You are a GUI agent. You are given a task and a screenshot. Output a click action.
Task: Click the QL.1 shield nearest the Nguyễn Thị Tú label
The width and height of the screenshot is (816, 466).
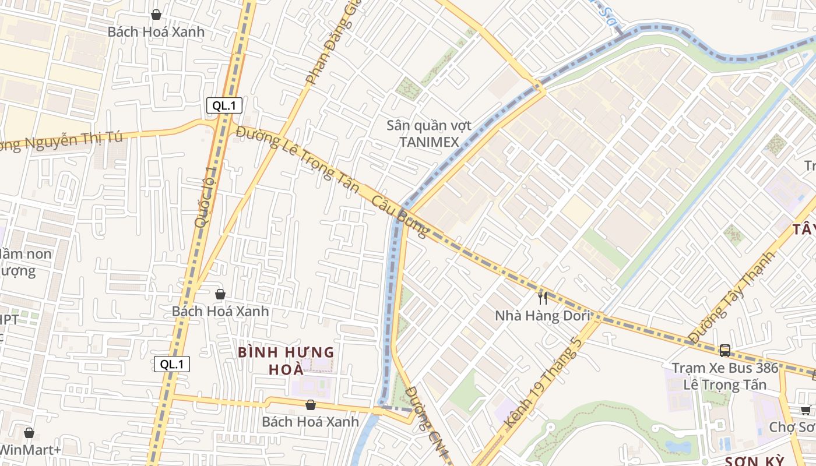point(224,105)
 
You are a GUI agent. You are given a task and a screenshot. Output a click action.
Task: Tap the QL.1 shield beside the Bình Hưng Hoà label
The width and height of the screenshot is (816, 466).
point(172,365)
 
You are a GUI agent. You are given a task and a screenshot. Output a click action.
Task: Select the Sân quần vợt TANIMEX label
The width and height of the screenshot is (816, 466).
point(429,133)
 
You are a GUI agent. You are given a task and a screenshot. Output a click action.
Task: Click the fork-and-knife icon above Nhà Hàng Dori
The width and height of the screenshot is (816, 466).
point(543,298)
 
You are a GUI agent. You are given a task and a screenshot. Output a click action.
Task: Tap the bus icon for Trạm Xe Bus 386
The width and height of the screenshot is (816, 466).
point(725,350)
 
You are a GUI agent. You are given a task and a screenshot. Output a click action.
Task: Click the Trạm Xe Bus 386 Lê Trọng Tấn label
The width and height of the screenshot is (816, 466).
point(725,376)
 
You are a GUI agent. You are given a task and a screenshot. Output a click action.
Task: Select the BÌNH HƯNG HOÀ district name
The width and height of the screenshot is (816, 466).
point(286,361)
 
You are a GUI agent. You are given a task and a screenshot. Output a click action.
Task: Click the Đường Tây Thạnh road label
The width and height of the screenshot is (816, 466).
point(731,297)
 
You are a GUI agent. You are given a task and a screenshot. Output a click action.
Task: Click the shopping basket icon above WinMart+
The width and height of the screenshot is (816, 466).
point(29,433)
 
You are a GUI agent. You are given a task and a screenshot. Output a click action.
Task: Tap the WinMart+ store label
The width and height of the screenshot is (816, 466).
point(30,450)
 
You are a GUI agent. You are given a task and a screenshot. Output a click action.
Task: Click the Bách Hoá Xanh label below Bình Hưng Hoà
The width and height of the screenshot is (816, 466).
point(310,421)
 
